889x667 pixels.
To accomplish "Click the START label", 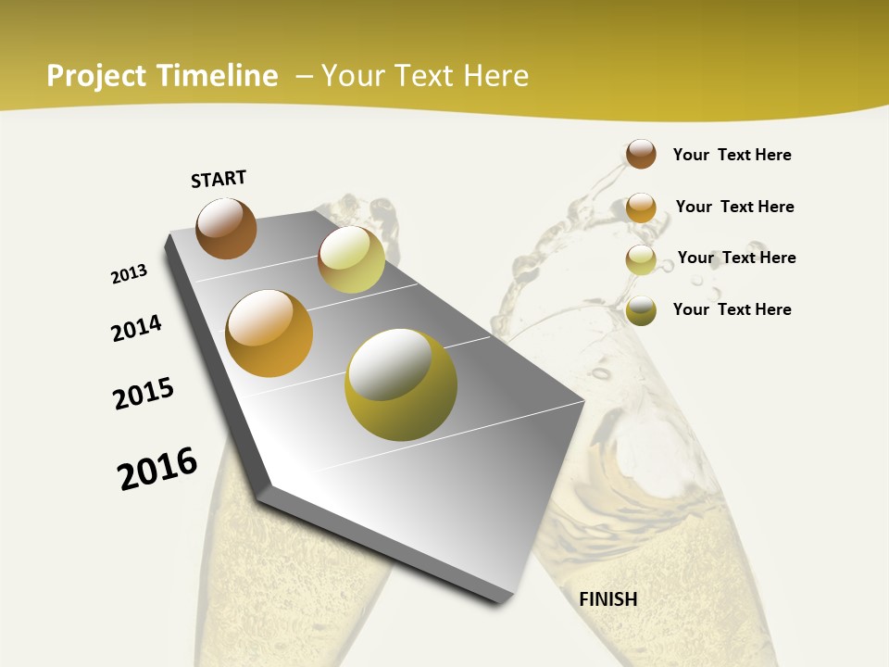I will point(219,179).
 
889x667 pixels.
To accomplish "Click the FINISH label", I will point(608,599).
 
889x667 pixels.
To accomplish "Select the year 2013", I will point(130,274).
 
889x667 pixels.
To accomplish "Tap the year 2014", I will point(137,328).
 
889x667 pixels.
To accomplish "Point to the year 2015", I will point(144,394).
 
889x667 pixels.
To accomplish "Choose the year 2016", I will point(157,469).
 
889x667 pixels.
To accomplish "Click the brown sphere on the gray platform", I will point(226,228).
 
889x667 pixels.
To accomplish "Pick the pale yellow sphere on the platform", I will point(351,259).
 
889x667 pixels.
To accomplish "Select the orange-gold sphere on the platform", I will point(269,333).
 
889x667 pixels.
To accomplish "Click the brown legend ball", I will point(641,154).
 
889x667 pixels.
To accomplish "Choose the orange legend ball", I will point(641,207).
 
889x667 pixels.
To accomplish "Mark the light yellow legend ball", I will point(641,259).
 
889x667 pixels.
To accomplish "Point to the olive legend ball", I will point(641,310).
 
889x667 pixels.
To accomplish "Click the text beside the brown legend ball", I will point(732,155).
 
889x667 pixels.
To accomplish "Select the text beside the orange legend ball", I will point(734,207).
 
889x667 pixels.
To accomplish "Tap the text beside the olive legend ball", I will point(732,309).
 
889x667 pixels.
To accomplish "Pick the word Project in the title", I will point(97,76).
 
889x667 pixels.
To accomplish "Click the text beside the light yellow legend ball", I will point(736,258).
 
